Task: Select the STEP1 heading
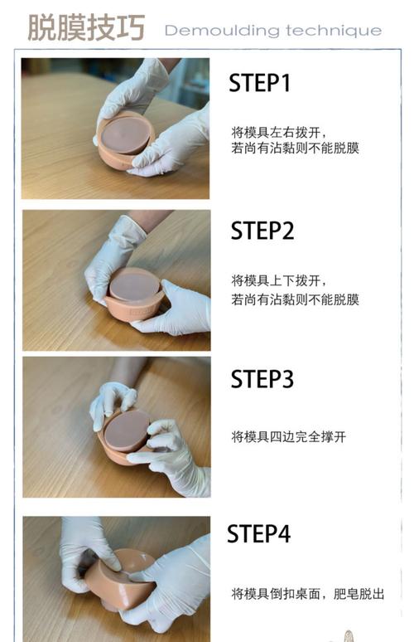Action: (x=261, y=83)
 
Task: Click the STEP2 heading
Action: (x=262, y=231)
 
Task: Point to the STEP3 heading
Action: (x=262, y=380)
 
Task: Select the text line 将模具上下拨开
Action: (x=274, y=280)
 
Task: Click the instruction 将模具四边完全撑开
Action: (x=288, y=436)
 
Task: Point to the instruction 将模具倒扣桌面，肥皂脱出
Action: (x=307, y=594)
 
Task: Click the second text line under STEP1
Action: (x=295, y=148)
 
